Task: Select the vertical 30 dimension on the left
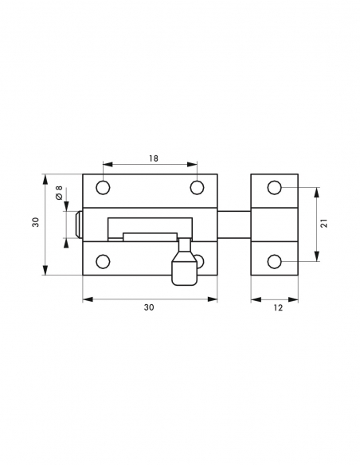point(36,224)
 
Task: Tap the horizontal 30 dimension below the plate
point(149,307)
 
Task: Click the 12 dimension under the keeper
point(275,307)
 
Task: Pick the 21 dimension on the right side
point(324,224)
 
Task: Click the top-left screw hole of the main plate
point(103,188)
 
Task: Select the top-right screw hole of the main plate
point(198,188)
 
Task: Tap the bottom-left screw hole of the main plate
point(103,260)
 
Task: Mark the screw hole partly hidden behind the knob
point(200,260)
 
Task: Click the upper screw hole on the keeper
point(274,188)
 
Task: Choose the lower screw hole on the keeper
point(274,260)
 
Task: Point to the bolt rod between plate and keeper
point(234,224)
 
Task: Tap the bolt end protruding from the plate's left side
point(78,224)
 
